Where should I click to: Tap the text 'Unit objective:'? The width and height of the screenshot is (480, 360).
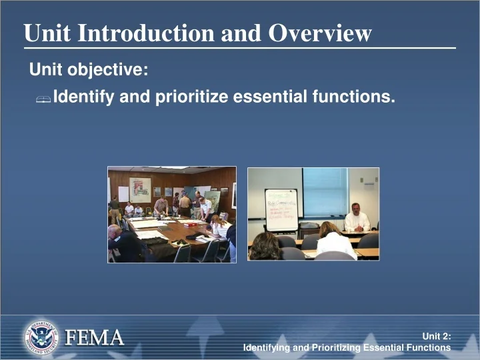89,69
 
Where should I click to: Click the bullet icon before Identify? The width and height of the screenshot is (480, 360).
44,99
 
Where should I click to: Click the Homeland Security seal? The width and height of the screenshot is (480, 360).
41,337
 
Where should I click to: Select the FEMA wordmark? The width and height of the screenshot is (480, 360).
94,338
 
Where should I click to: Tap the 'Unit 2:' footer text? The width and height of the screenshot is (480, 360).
437,337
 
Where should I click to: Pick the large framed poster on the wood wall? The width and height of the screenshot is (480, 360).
140,189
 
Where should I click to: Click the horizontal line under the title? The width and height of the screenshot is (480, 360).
240,48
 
